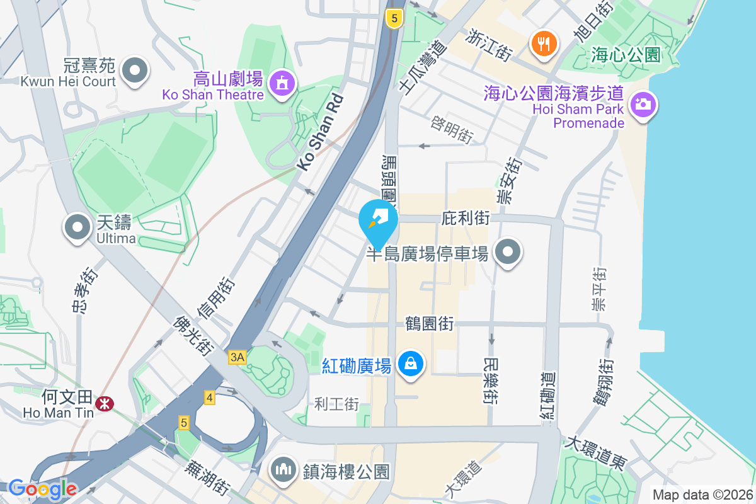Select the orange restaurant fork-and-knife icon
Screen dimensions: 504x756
[x=543, y=43]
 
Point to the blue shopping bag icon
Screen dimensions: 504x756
[x=411, y=365]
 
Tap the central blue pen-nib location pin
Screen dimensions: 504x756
[x=378, y=220]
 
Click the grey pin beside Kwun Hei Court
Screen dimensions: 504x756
[x=135, y=69]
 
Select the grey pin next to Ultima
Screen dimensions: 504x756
[x=77, y=227]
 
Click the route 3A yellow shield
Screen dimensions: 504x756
[x=238, y=357]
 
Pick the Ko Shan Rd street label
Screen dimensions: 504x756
[x=321, y=132]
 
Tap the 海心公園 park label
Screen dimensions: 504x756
[x=626, y=55]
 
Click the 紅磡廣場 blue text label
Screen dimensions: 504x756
[x=357, y=365]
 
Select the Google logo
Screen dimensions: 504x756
[x=43, y=488]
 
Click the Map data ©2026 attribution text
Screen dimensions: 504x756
[x=702, y=495]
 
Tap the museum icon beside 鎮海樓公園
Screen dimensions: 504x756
[x=284, y=471]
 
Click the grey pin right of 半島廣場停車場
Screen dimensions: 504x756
[x=508, y=253]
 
